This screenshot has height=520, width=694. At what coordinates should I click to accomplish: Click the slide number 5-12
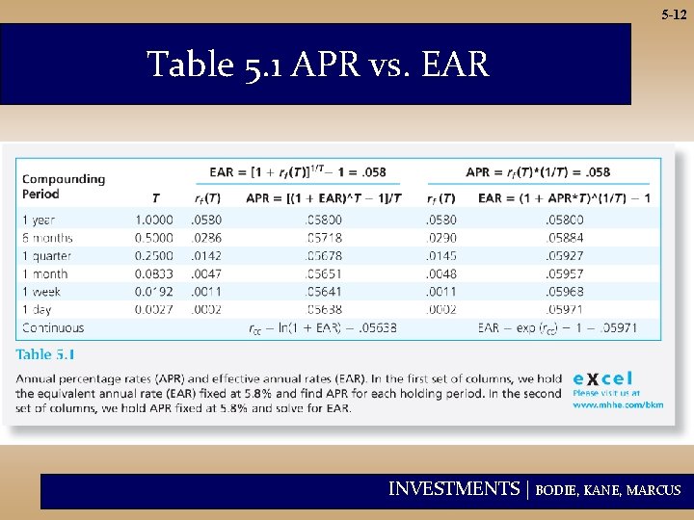tap(674, 15)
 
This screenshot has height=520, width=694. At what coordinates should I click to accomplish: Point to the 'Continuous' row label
tap(53, 328)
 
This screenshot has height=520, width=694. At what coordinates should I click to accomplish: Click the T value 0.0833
tap(154, 273)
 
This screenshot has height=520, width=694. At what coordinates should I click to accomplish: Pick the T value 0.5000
tap(154, 237)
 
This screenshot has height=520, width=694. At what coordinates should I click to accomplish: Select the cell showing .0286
tap(206, 237)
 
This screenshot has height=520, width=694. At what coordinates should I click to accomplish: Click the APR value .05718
tap(323, 237)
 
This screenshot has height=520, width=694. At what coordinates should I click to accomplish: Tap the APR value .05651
tap(323, 273)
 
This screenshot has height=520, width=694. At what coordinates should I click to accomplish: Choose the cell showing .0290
tap(440, 237)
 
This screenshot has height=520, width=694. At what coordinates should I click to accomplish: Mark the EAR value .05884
tap(565, 237)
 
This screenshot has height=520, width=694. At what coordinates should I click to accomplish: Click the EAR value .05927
tap(565, 255)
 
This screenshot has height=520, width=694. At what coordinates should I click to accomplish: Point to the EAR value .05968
tap(565, 292)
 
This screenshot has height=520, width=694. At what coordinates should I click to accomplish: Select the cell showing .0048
tap(440, 273)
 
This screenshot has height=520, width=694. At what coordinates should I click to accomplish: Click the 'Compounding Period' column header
tap(64, 185)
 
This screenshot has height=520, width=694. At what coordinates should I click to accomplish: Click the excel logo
tap(603, 377)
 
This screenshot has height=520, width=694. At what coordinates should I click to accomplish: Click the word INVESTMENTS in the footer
tap(454, 489)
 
